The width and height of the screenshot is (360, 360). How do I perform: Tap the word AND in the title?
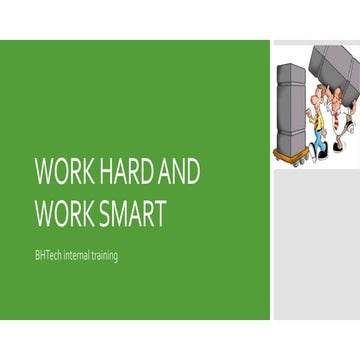181,172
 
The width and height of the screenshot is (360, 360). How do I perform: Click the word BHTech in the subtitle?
48,256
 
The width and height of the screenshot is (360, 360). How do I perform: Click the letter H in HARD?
107,172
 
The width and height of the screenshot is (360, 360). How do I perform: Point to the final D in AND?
192,172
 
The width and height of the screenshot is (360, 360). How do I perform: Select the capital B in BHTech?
37,256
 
